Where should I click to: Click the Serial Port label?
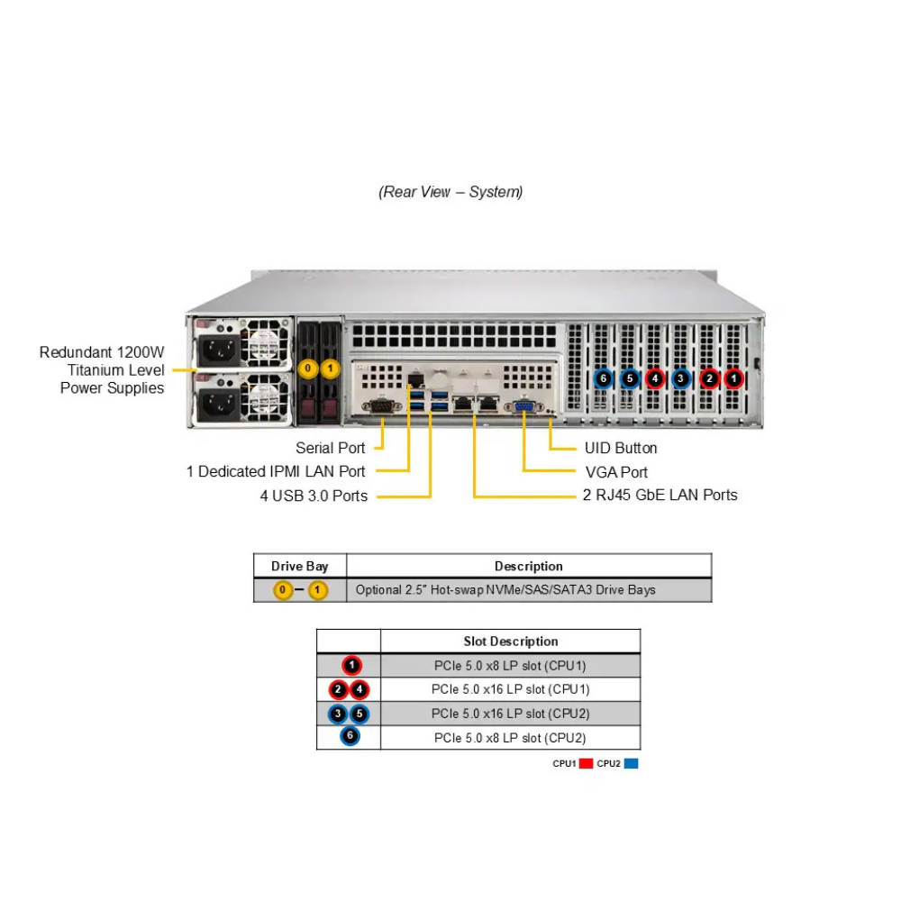[x=330, y=448]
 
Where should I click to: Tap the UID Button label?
[x=621, y=448]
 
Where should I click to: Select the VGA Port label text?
[x=616, y=471]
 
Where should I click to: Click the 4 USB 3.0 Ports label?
[x=314, y=495]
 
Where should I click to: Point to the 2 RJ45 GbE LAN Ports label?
[x=660, y=495]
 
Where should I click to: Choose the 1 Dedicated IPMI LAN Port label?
[x=276, y=471]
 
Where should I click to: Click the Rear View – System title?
[x=450, y=192]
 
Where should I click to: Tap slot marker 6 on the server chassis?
[x=604, y=378]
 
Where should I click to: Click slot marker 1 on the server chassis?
[x=734, y=378]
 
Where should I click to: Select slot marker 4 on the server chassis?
[x=655, y=378]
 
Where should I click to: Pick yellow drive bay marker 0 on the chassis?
[x=308, y=369]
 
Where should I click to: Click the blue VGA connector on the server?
[x=523, y=407]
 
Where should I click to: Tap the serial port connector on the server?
[x=381, y=407]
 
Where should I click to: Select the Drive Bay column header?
[x=299, y=566]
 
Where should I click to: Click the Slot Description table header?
[x=510, y=642]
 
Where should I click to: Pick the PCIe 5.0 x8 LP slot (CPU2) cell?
[x=510, y=737]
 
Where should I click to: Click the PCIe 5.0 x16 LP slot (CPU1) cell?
[x=510, y=689]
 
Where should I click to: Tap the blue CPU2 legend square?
[x=631, y=763]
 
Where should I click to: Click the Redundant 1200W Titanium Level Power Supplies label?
[x=102, y=369]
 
